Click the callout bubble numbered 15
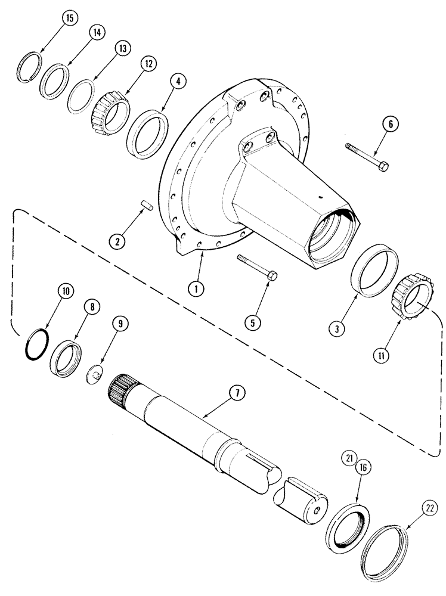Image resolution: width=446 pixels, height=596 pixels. click(x=69, y=18)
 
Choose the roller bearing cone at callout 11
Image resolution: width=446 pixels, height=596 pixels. click(x=410, y=302)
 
